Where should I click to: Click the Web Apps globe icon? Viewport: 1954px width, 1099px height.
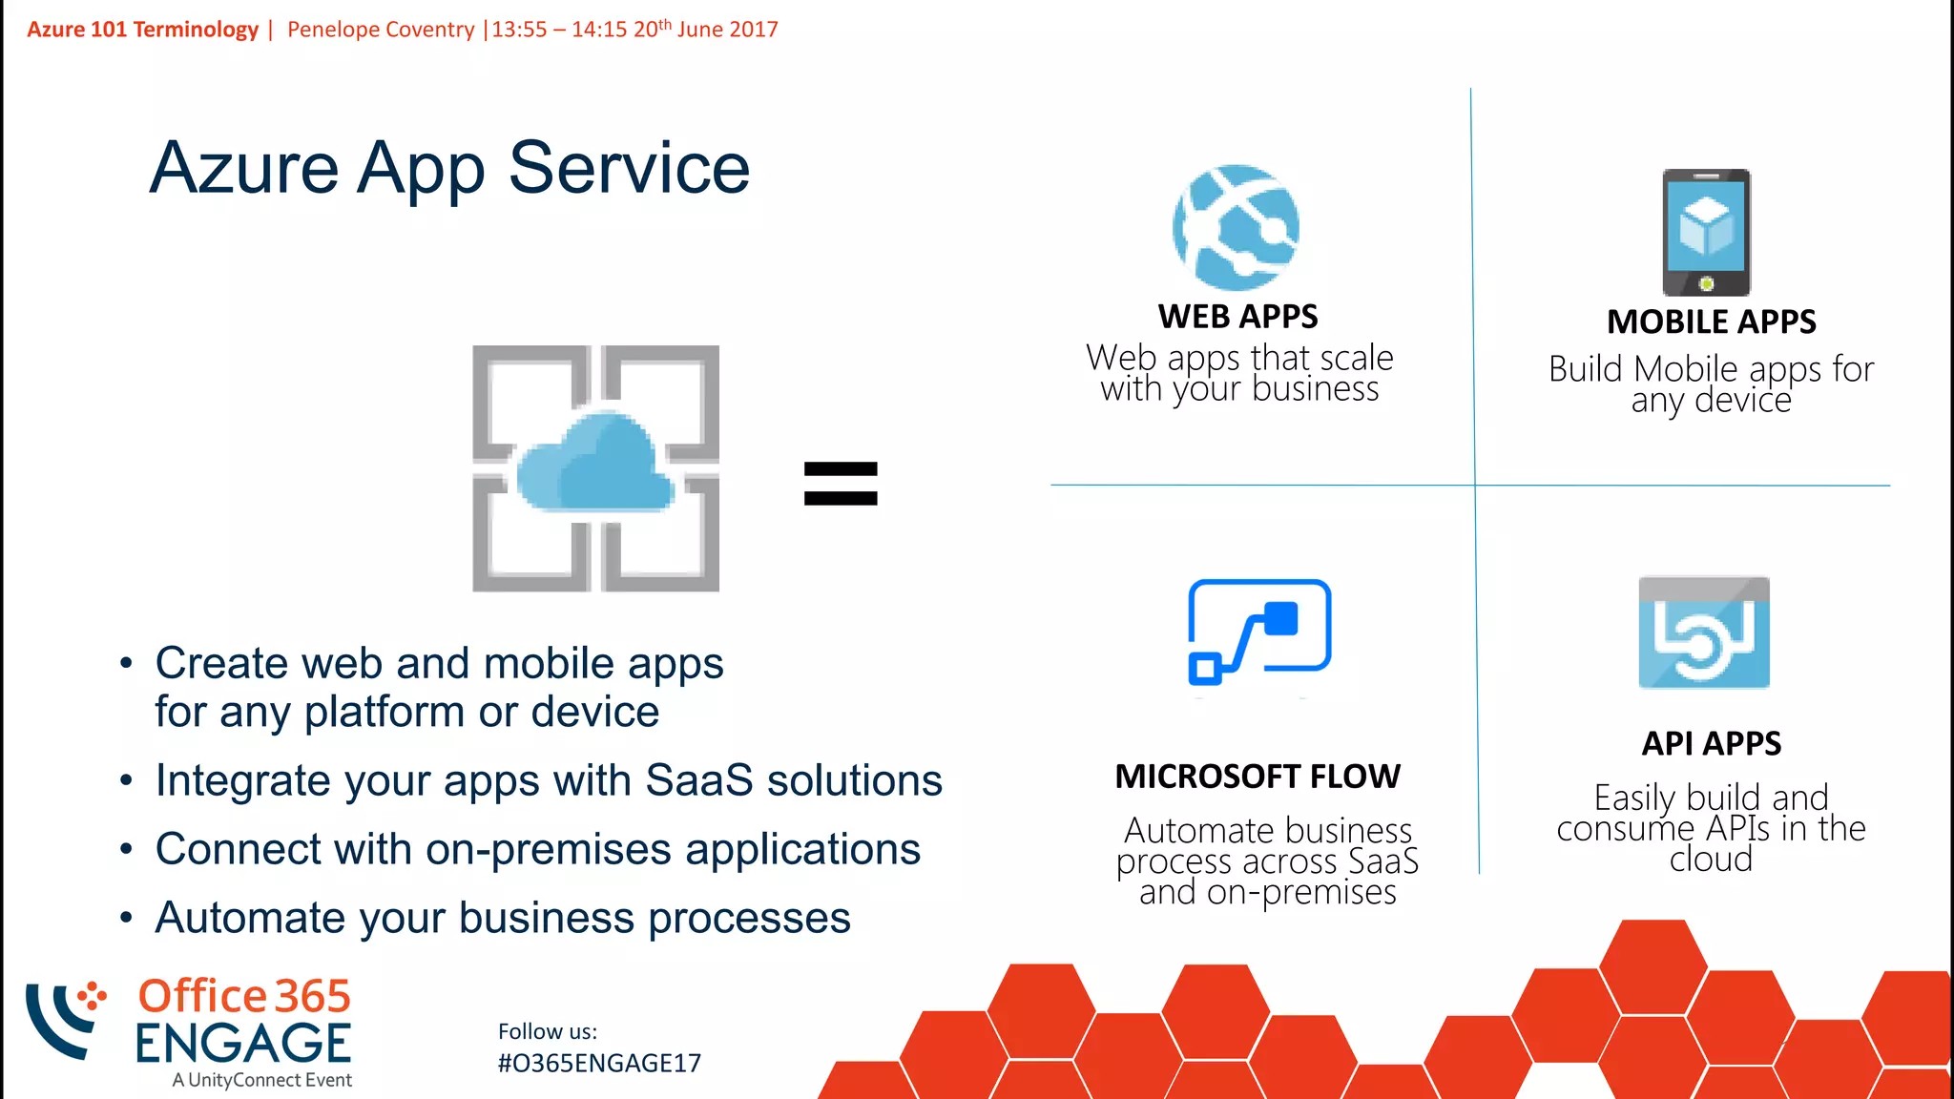[x=1236, y=228]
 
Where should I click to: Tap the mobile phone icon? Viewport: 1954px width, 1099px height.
[x=1706, y=232]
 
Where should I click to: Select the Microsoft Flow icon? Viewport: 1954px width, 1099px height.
[x=1258, y=632]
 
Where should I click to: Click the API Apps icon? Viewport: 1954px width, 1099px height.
[x=1704, y=632]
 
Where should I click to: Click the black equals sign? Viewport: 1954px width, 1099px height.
[x=840, y=483]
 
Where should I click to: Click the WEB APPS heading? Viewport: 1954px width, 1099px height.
[x=1237, y=317]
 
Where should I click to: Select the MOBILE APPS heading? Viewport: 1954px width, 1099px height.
[x=1711, y=322]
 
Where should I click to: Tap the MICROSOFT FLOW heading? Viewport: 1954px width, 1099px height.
[x=1258, y=777]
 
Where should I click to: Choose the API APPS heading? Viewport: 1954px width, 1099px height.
[x=1711, y=743]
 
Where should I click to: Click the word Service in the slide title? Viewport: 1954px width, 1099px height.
[x=629, y=168]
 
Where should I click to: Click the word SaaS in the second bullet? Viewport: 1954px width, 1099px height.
[x=698, y=780]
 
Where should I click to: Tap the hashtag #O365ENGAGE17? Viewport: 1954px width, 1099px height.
[x=599, y=1063]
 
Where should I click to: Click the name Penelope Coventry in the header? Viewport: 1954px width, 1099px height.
[x=381, y=30]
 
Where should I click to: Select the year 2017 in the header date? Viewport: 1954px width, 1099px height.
[x=754, y=30]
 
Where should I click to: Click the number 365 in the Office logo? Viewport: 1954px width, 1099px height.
[x=313, y=997]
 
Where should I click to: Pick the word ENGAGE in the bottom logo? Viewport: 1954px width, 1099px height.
[x=243, y=1044]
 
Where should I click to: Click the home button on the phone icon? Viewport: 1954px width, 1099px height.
[x=1706, y=283]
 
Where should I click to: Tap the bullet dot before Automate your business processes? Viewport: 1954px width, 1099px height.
[x=126, y=918]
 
